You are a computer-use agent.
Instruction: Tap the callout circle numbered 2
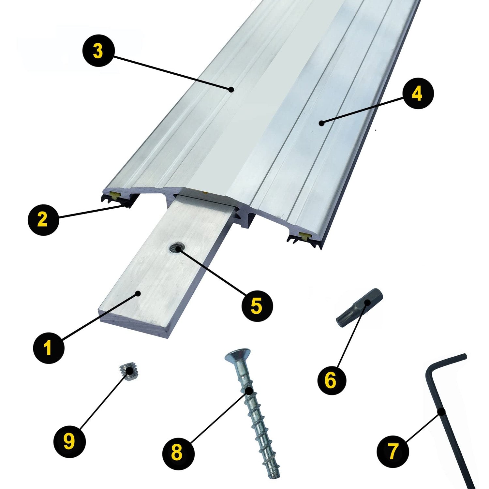point(43,219)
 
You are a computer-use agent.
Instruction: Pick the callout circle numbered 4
point(418,94)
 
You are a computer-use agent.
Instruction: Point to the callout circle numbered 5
point(257,305)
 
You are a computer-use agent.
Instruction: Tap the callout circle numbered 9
point(69,442)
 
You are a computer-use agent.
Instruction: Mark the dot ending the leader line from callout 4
point(322,123)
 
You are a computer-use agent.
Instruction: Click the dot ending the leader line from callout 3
point(230,89)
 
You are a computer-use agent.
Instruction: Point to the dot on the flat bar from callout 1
point(139,293)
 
